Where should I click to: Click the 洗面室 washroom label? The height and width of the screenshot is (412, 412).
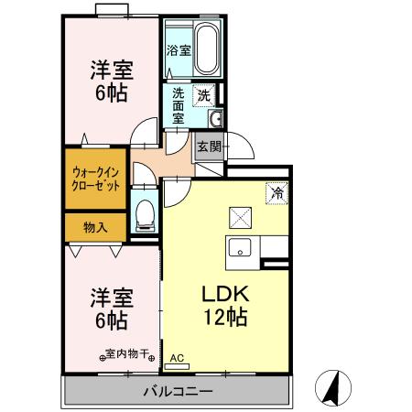pyautogui.click(x=179, y=103)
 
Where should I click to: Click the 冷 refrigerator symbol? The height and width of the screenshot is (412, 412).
pyautogui.click(x=276, y=193)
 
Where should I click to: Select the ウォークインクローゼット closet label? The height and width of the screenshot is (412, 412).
pyautogui.click(x=96, y=177)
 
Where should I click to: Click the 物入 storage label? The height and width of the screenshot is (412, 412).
pyautogui.click(x=95, y=226)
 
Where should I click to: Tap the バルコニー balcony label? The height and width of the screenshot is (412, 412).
pyautogui.click(x=179, y=392)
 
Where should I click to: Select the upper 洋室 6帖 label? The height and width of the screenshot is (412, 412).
pyautogui.click(x=108, y=81)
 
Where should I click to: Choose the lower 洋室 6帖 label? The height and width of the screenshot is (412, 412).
pyautogui.click(x=108, y=309)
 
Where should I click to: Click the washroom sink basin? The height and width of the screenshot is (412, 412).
pyautogui.click(x=216, y=118)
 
